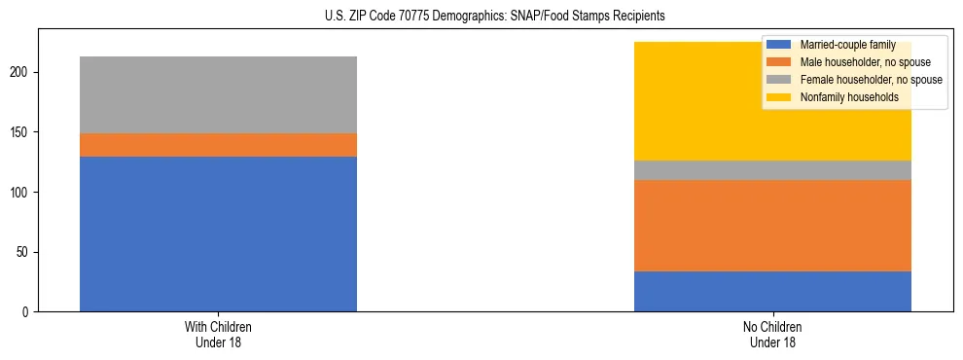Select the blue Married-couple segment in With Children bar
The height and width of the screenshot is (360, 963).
(x=218, y=234)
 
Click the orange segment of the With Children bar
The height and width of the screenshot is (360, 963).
(x=218, y=145)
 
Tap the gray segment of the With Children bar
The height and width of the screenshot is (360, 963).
(x=218, y=94)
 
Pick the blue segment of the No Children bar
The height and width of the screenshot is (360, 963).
(x=772, y=291)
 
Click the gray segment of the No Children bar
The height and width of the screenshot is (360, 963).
(x=772, y=170)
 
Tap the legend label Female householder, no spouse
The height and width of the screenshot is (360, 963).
(x=871, y=80)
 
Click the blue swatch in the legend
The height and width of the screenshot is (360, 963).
(x=779, y=45)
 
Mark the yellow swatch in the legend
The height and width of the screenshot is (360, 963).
(x=779, y=97)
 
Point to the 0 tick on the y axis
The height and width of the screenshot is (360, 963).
(x=29, y=312)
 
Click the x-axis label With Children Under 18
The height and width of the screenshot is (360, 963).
(x=218, y=334)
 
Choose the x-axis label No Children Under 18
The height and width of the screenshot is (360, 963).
(x=772, y=334)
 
